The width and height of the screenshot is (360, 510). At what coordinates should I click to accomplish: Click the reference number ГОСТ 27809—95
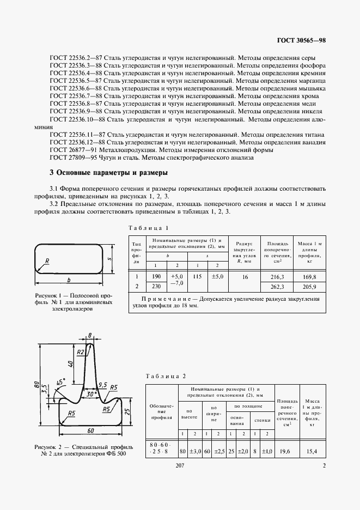coord(71,158)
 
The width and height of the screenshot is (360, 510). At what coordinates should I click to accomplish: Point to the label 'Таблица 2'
coord(166,376)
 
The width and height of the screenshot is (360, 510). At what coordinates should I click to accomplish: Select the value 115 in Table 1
coord(197,277)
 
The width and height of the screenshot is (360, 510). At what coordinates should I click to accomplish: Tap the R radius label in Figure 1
coord(48,261)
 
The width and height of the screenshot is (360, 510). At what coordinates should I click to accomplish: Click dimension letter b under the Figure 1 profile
coord(69,280)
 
